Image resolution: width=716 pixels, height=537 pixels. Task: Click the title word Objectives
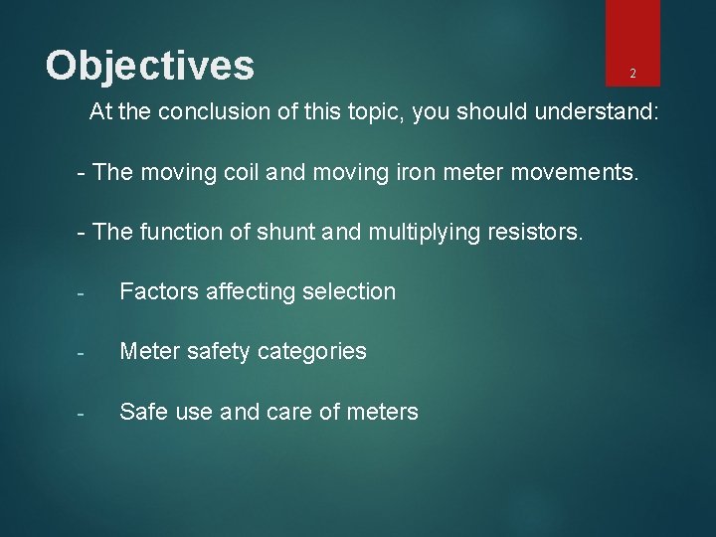click(x=150, y=66)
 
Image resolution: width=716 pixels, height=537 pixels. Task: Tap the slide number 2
click(x=632, y=74)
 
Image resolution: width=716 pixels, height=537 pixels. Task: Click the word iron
click(x=407, y=171)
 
